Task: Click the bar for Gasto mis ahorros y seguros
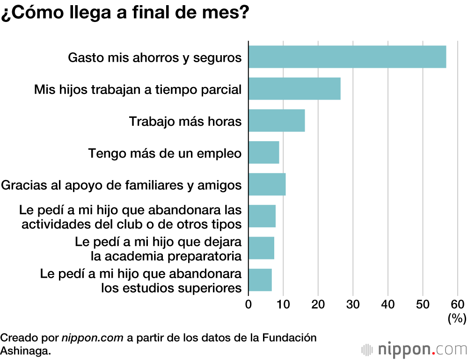tap(347, 57)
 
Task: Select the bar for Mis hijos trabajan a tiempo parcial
tap(294, 89)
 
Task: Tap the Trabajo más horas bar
tap(277, 121)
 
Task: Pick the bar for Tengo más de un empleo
tap(263, 152)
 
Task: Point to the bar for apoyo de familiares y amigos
tap(267, 184)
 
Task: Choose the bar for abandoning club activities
tap(262, 216)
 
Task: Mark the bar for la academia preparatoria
tap(261, 248)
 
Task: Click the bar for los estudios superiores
tap(260, 280)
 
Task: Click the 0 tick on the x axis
tap(249, 304)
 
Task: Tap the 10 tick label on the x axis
tap(283, 304)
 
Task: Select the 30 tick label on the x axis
tap(353, 304)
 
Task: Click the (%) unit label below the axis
tap(457, 319)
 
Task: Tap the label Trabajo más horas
tap(185, 121)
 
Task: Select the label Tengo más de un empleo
tap(165, 153)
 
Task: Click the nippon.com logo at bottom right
tap(414, 349)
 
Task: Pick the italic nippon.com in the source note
tap(93, 338)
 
